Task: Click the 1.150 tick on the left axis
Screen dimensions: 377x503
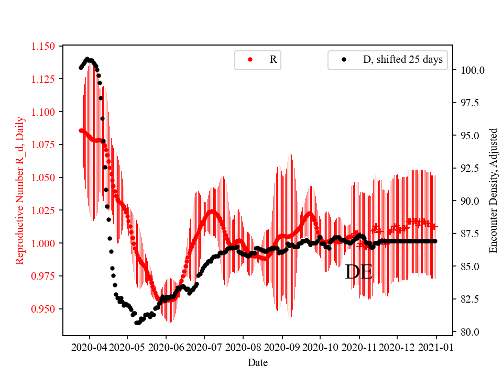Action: pos(47,46)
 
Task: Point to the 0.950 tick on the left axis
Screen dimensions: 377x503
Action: pos(47,309)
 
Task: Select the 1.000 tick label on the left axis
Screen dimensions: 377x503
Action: pos(47,243)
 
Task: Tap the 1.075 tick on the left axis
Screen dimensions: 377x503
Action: pos(47,145)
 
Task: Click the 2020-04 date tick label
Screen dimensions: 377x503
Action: pos(89,347)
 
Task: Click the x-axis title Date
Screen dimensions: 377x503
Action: pos(258,362)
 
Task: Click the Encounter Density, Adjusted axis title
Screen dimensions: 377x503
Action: pos(493,191)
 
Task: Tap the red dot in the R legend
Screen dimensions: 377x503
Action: pos(250,60)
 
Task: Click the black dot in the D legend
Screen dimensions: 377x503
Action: pos(344,60)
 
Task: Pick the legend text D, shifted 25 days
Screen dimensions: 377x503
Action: pos(402,60)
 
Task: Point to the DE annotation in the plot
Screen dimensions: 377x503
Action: pos(359,272)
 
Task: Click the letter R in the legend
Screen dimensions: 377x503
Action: pos(273,60)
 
